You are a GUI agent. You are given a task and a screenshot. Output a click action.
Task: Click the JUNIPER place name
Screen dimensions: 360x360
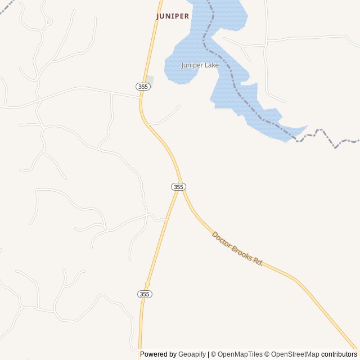pos(173,16)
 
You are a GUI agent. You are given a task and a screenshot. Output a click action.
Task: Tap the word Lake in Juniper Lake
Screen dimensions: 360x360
pos(211,65)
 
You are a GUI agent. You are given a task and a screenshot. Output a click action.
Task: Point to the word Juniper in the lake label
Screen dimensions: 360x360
pos(192,65)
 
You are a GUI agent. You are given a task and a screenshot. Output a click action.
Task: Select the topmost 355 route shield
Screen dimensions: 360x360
pos(143,86)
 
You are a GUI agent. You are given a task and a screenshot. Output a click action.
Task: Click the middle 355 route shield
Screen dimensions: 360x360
pos(178,187)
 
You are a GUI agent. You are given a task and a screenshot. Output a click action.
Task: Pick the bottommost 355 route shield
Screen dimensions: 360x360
pos(145,294)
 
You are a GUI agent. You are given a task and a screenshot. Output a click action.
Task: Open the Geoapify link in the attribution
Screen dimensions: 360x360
pos(192,354)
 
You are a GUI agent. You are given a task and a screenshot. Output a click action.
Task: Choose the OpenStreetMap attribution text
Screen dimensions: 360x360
pos(295,354)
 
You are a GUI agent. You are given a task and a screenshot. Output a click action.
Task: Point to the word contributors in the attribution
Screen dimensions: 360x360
pos(339,354)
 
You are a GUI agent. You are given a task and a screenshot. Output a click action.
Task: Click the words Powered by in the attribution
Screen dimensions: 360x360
pos(158,354)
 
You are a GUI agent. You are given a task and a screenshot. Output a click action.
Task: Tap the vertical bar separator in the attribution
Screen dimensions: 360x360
pos(208,354)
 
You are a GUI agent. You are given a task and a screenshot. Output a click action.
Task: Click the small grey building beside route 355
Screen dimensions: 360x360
pos(149,80)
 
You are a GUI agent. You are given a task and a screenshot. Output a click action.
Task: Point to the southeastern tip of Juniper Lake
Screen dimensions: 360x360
pos(307,127)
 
